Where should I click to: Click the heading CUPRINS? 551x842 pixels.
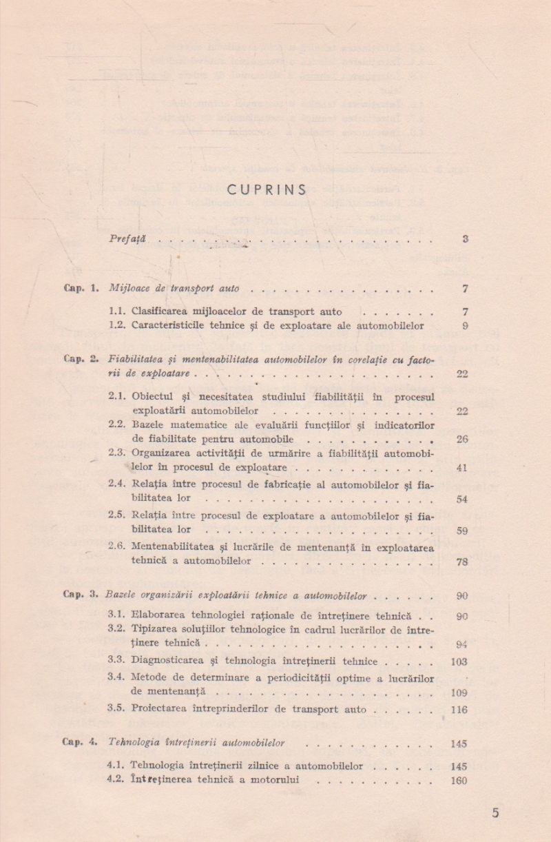click(x=267, y=190)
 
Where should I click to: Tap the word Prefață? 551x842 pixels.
click(x=127, y=239)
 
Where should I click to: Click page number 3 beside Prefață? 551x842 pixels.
click(x=466, y=239)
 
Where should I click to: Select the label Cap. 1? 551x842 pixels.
click(x=81, y=288)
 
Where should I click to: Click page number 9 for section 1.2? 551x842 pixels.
click(x=466, y=326)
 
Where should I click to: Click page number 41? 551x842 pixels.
click(x=461, y=468)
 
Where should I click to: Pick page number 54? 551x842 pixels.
click(x=461, y=499)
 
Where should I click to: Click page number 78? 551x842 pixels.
click(x=461, y=562)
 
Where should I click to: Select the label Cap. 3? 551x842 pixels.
click(x=81, y=595)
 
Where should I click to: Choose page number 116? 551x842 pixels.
click(x=459, y=710)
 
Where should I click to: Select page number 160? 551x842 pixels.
click(x=459, y=781)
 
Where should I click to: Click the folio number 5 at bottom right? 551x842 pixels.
click(x=495, y=813)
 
